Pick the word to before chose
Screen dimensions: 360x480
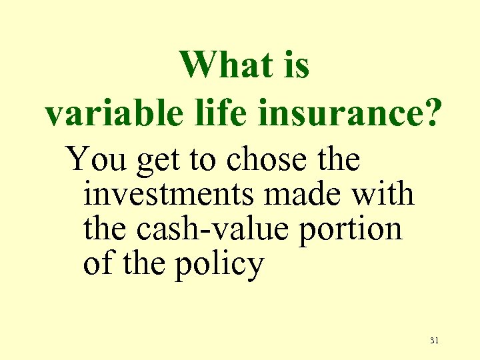pyautogui.click(x=203, y=161)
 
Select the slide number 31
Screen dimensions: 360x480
pyautogui.click(x=435, y=341)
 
